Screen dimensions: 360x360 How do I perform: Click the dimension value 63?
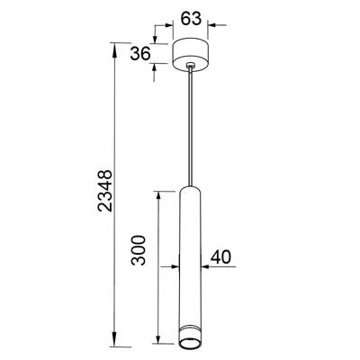(191, 19)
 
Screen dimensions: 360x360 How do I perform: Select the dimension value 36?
(140, 54)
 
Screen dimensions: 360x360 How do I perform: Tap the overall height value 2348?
(105, 191)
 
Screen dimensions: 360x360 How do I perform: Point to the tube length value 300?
(139, 250)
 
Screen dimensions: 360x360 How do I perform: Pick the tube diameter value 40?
(220, 257)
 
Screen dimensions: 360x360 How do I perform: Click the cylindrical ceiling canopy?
(190, 55)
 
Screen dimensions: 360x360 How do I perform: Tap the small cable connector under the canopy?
(190, 65)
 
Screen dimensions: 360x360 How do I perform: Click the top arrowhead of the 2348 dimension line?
(114, 49)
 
